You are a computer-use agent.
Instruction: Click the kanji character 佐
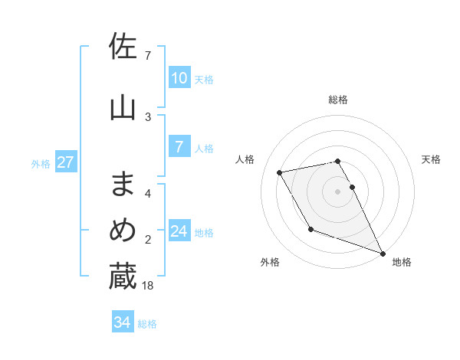123,47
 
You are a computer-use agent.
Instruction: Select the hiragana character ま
123,184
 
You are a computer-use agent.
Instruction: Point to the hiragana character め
123,231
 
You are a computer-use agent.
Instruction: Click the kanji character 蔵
123,277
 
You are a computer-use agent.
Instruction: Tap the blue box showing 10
179,78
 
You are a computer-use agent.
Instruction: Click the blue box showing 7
179,148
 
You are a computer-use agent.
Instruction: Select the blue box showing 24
179,232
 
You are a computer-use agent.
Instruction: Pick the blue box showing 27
66,162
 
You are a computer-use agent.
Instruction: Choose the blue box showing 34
123,323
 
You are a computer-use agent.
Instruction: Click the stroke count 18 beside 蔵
149,286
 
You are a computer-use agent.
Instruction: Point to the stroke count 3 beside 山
148,116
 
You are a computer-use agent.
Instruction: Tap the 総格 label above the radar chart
338,100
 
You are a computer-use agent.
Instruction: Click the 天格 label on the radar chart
431,159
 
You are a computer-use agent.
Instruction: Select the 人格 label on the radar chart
245,159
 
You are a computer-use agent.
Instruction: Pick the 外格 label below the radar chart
270,262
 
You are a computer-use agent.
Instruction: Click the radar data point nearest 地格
383,253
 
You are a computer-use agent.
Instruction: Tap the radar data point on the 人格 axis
280,173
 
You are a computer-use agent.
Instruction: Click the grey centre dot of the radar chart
338,191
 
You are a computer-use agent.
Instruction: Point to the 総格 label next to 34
147,324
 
